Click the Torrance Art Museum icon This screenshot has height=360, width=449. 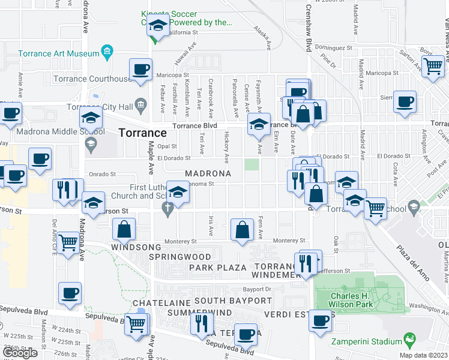107,53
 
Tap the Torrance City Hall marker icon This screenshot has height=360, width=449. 140,105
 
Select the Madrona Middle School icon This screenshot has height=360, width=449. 91,142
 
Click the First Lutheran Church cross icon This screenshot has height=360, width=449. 168,208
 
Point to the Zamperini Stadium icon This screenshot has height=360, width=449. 409,341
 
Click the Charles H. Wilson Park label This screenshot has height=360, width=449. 351,299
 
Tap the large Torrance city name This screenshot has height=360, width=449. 142,133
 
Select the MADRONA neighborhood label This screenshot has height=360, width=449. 207,173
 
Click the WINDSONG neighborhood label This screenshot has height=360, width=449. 136,247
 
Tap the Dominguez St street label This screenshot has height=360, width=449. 334,47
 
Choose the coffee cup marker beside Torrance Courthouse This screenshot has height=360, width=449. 141,69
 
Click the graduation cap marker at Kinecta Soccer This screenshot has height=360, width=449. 158,26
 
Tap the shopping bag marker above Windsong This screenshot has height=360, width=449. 124,229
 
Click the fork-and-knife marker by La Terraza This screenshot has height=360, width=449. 200,324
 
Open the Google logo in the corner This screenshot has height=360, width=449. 20,352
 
